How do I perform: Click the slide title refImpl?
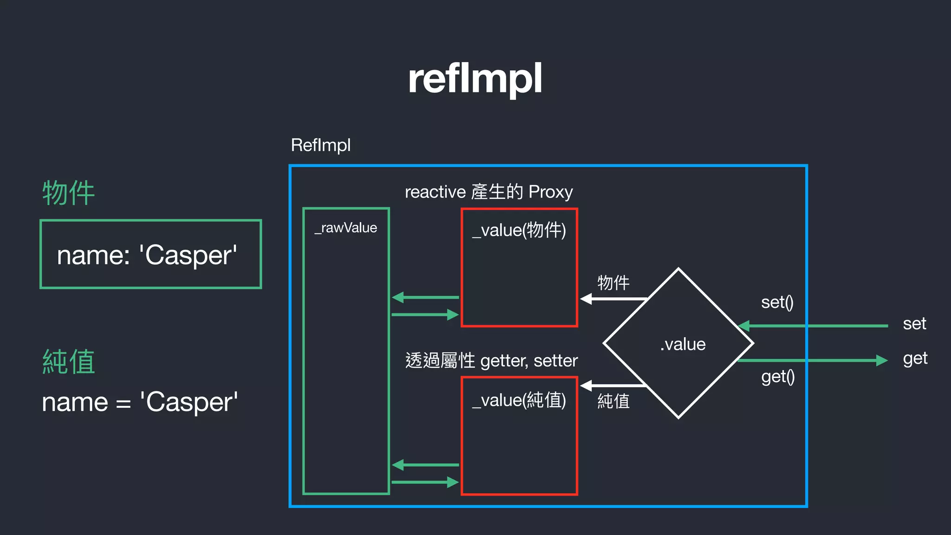coord(475,79)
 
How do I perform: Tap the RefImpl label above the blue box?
coord(320,145)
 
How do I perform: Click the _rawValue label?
coord(346,228)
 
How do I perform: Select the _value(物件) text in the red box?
coord(519,230)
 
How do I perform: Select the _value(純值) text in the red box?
coord(519,400)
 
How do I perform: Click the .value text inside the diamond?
coord(683,344)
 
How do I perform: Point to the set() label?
coord(777,302)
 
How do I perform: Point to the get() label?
coord(778,377)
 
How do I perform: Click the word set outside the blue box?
coord(914,324)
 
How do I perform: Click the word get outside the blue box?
coord(915,359)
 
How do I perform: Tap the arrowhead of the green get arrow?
coord(882,360)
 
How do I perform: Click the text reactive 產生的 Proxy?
coord(489,192)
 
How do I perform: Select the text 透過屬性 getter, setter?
coord(491,360)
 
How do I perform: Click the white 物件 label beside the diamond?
coord(613,282)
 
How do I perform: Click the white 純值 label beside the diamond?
coord(613,401)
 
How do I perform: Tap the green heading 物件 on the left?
coord(69,193)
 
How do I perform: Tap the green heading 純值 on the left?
coord(69,361)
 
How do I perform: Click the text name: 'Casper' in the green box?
coord(147,255)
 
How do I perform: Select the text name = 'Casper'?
coord(140,402)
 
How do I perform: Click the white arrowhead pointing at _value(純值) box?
coord(586,385)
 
